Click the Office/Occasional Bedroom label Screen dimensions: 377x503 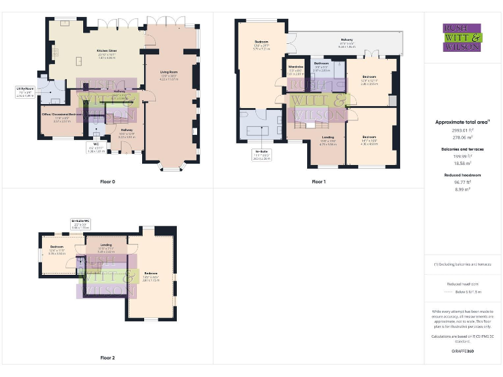(57, 118)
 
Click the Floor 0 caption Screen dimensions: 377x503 (107, 181)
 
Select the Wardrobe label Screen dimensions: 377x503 (295, 70)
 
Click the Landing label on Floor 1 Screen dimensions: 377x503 (327, 139)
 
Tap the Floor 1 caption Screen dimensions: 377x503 (318, 181)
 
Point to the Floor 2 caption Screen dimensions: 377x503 (107, 358)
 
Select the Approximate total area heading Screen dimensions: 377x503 (462, 122)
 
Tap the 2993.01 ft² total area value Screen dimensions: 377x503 (462, 131)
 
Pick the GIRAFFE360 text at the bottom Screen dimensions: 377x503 (462, 351)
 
